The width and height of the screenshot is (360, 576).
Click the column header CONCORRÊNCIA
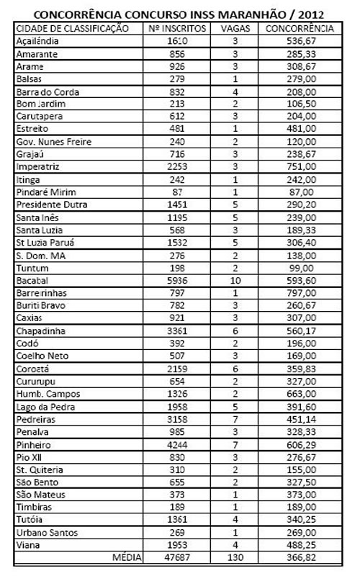pyautogui.click(x=300, y=28)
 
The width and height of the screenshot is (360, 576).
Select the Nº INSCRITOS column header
pyautogui.click(x=176, y=28)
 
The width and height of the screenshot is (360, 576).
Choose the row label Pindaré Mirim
pyautogui.click(x=45, y=192)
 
